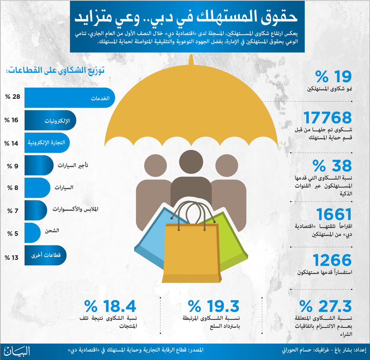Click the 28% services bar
pyautogui.click(x=70, y=98)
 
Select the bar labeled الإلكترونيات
pyautogui.click(x=50, y=120)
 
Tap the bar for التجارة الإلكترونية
pyautogui.click(x=47, y=143)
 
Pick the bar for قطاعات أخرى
pyautogui.click(x=45, y=255)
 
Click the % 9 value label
pyautogui.click(x=12, y=166)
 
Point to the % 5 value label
pyautogui.click(x=12, y=233)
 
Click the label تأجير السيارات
pyautogui.click(x=73, y=165)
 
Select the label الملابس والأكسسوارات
pyautogui.click(x=75, y=209)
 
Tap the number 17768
pyautogui.click(x=327, y=117)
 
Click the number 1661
pyautogui.click(x=334, y=214)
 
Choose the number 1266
pyautogui.click(x=332, y=260)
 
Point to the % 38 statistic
pyautogui.click(x=332, y=165)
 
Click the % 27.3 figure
pyautogui.click(x=326, y=306)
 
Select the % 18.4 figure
pyautogui.click(x=110, y=306)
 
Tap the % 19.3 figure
pyautogui.click(x=214, y=306)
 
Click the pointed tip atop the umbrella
pyautogui.click(x=191, y=55)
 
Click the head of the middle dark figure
pyautogui.click(x=191, y=162)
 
